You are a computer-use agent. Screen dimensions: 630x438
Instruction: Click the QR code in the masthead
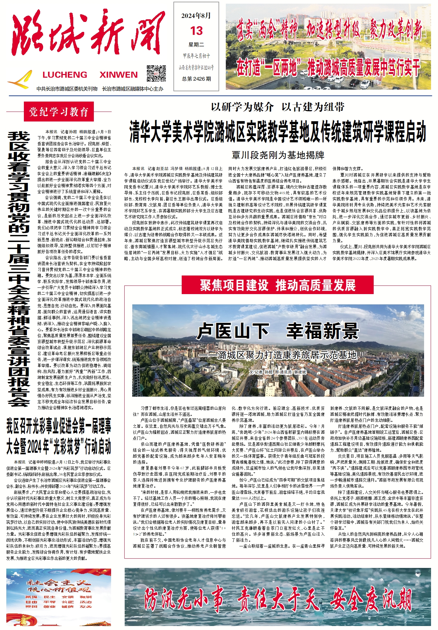pos(156,73)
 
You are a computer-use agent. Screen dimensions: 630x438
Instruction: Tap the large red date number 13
pos(196,31)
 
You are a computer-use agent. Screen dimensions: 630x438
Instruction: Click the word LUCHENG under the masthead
pos(65,75)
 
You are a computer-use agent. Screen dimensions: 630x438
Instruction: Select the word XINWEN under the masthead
pos(118,75)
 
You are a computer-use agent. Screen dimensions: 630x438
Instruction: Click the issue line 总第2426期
pos(196,79)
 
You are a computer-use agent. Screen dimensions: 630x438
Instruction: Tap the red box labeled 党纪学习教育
pos(59,112)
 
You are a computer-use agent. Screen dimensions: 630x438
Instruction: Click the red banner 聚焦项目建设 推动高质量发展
pos(278,285)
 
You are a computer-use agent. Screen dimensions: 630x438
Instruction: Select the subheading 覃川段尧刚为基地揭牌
pos(278,155)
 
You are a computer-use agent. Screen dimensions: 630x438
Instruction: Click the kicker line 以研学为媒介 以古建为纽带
pos(278,107)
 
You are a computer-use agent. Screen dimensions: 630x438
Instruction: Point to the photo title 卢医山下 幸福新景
pos(278,331)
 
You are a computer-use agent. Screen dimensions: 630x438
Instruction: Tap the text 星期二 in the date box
pos(196,44)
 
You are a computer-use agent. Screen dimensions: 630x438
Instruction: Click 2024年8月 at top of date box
pos(196,16)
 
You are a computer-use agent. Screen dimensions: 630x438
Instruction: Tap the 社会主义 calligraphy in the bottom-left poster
pos(59,582)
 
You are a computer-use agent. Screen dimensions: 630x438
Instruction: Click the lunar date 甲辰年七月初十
pos(196,56)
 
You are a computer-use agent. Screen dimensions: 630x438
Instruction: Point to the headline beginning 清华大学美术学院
pos(278,132)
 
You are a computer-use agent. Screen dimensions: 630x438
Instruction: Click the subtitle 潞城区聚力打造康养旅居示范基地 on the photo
pos(287,355)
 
